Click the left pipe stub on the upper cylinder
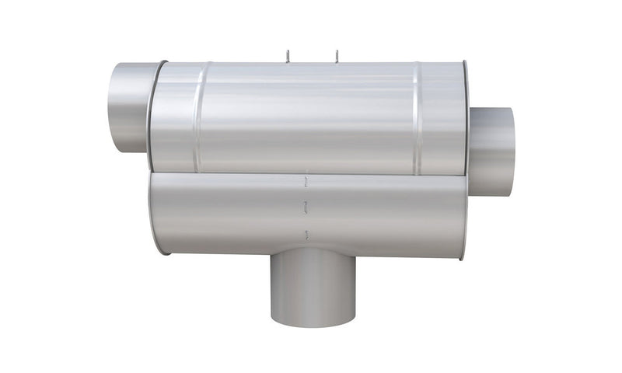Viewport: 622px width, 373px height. [128, 106]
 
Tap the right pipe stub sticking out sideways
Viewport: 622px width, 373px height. [491, 152]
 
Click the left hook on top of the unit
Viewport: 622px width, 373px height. [287, 55]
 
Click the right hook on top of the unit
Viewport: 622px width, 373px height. [337, 55]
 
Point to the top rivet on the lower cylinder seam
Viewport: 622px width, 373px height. [307, 183]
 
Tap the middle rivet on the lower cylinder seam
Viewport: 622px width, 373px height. [307, 208]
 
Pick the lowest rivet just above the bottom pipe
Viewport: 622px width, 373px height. [309, 235]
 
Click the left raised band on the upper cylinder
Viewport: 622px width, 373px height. [200, 117]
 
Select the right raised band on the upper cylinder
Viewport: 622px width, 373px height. [418, 117]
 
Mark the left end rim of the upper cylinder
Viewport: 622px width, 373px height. [154, 117]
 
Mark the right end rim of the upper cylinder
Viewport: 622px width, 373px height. [465, 117]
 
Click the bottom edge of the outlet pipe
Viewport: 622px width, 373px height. [313, 325]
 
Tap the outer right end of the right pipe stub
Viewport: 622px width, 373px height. [511, 152]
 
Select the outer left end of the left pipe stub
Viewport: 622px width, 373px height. [111, 106]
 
